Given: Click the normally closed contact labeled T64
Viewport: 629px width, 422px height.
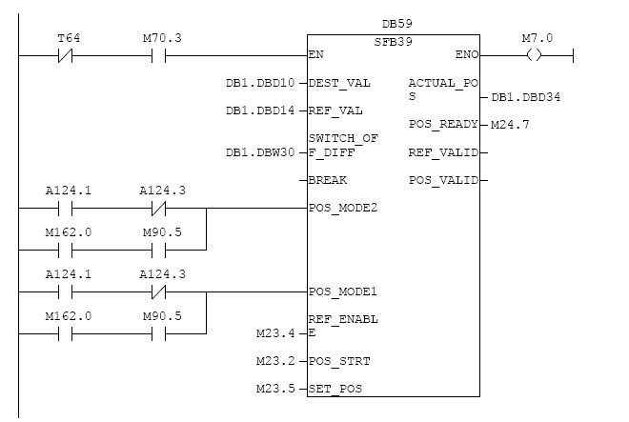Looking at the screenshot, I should tap(67, 55).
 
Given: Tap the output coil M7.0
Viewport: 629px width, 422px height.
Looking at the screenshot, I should tap(533, 55).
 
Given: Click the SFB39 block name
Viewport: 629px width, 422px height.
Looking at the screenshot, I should tap(393, 42).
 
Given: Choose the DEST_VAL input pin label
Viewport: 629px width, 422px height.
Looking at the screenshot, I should tap(339, 84).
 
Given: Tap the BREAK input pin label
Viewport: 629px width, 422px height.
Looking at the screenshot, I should tap(328, 180).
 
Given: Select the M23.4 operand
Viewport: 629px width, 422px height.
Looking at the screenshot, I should tap(275, 333).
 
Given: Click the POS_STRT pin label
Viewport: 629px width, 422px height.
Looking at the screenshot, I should tap(339, 361).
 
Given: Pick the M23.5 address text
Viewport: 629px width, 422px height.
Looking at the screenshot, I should tap(275, 389).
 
